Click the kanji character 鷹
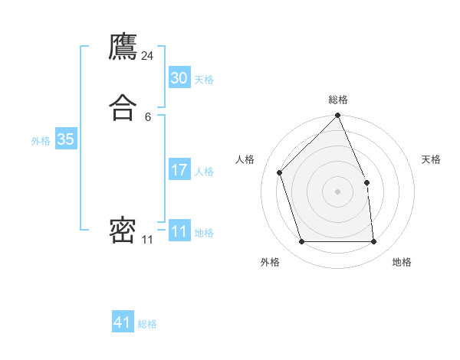[123, 47]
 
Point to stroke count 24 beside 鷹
[147, 56]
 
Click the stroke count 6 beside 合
[147, 116]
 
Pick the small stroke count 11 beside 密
[147, 240]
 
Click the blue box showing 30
[179, 78]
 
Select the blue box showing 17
[179, 170]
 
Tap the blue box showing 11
[179, 231]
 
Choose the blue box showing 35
[65, 139]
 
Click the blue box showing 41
[123, 322]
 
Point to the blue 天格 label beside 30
[204, 80]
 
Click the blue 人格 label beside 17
[204, 172]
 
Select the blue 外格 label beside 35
[41, 141]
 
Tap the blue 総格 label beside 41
[147, 324]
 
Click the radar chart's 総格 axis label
[337, 100]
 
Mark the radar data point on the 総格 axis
[337, 116]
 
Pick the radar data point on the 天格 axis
[366, 182]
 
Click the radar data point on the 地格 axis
[373, 242]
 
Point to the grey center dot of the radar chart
[337, 191]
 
